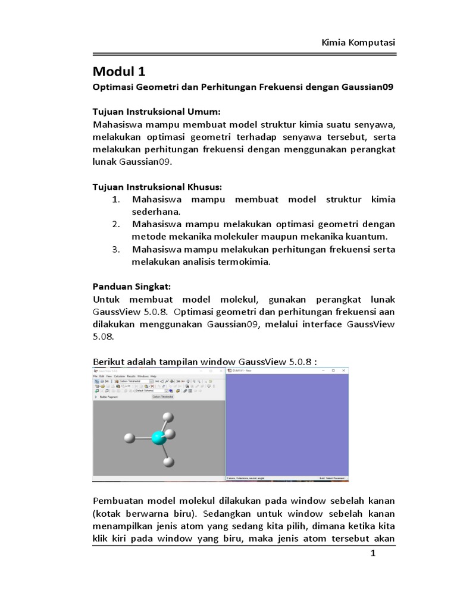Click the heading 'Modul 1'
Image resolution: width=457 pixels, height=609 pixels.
click(x=119, y=72)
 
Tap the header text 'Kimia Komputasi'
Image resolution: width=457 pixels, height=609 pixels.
click(x=358, y=43)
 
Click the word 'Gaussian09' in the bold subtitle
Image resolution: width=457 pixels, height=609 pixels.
click(x=368, y=87)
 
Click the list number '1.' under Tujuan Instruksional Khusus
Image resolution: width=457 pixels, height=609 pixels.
click(x=117, y=199)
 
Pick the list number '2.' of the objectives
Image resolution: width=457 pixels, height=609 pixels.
click(x=117, y=224)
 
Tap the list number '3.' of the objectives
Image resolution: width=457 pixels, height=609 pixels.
click(x=117, y=249)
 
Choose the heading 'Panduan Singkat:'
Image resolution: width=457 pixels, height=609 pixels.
click(x=132, y=286)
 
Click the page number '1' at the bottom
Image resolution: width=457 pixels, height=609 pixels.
click(x=373, y=554)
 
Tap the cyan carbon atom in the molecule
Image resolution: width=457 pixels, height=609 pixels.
click(x=158, y=438)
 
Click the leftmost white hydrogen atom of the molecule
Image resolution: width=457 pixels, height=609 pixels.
click(x=130, y=439)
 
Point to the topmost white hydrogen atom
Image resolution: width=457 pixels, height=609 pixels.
click(x=168, y=417)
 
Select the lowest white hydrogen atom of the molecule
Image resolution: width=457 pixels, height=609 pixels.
click(x=169, y=461)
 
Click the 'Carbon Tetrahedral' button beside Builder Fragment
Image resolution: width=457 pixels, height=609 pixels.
click(x=163, y=397)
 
